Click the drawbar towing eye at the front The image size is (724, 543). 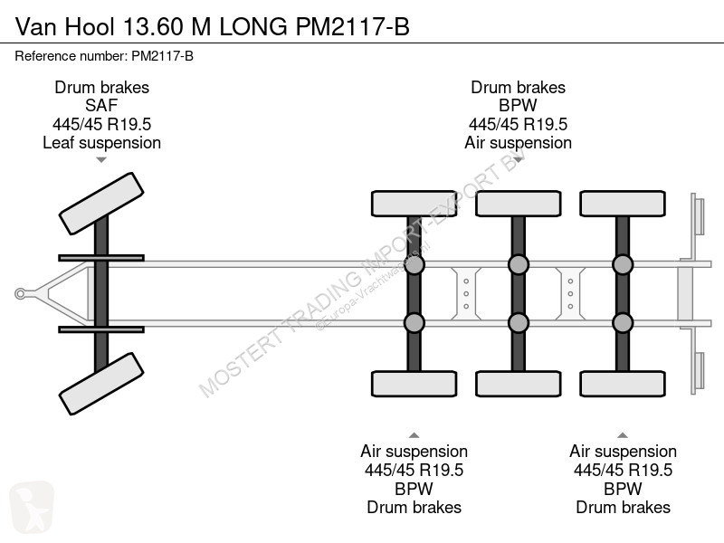[x=20, y=293]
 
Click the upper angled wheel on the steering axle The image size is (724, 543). [x=101, y=204]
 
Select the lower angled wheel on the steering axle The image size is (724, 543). [x=101, y=384]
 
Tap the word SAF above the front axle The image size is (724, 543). [x=101, y=105]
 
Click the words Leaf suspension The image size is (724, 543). [x=101, y=143]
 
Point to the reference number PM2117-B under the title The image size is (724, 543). [x=163, y=56]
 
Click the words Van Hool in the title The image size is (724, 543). [x=64, y=27]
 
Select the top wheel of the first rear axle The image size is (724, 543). [x=414, y=204]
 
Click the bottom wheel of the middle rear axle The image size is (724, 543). [x=519, y=384]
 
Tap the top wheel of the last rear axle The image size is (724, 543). [x=623, y=204]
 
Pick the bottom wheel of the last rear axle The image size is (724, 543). [x=623, y=384]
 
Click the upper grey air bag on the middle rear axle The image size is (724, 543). [x=519, y=265]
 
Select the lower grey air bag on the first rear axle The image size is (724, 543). [x=414, y=323]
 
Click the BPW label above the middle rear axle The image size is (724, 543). [x=518, y=105]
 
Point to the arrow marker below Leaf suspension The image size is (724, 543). [x=101, y=160]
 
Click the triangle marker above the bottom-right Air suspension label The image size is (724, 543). [x=623, y=435]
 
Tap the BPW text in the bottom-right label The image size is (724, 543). [x=623, y=489]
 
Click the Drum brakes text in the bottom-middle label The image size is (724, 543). [x=414, y=508]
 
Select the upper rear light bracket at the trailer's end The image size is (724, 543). [x=698, y=216]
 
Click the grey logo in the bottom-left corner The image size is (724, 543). [x=32, y=507]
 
